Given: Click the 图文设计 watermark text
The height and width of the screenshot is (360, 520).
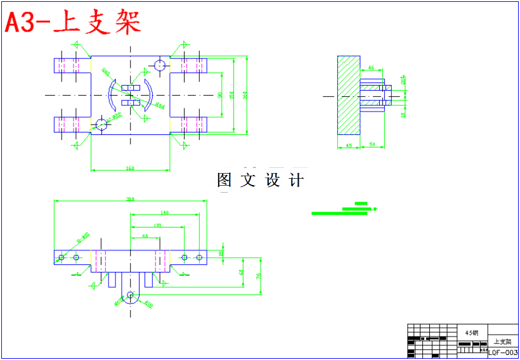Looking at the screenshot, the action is coord(260,180).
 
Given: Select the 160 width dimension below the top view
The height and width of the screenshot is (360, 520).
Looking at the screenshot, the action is coord(130,168).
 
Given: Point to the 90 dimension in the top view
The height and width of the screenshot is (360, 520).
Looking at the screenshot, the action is coord(219,95).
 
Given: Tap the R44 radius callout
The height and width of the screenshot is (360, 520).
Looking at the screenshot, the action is coord(160,105).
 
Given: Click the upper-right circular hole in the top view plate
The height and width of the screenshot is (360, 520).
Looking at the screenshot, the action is coord(159,64).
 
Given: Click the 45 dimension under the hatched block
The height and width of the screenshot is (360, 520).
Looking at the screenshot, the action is coord(348,146).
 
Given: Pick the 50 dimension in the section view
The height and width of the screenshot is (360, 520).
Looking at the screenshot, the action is coord(373,146).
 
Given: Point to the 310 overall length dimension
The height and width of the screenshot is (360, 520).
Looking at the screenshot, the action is coord(130,199).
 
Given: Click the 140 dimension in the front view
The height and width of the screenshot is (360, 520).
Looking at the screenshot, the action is coord(164,212).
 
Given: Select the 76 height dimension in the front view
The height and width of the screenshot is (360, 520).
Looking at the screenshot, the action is coord(258,276).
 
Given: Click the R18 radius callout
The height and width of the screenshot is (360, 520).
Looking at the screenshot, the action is coord(148,304).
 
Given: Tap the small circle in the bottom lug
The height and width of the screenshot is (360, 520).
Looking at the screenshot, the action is coord(130,295).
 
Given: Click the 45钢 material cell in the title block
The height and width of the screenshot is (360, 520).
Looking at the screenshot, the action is coord(471,332).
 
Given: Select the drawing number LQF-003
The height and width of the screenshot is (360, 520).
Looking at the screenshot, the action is coord(503,352).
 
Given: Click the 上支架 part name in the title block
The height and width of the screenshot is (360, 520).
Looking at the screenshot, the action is coord(502,342).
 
